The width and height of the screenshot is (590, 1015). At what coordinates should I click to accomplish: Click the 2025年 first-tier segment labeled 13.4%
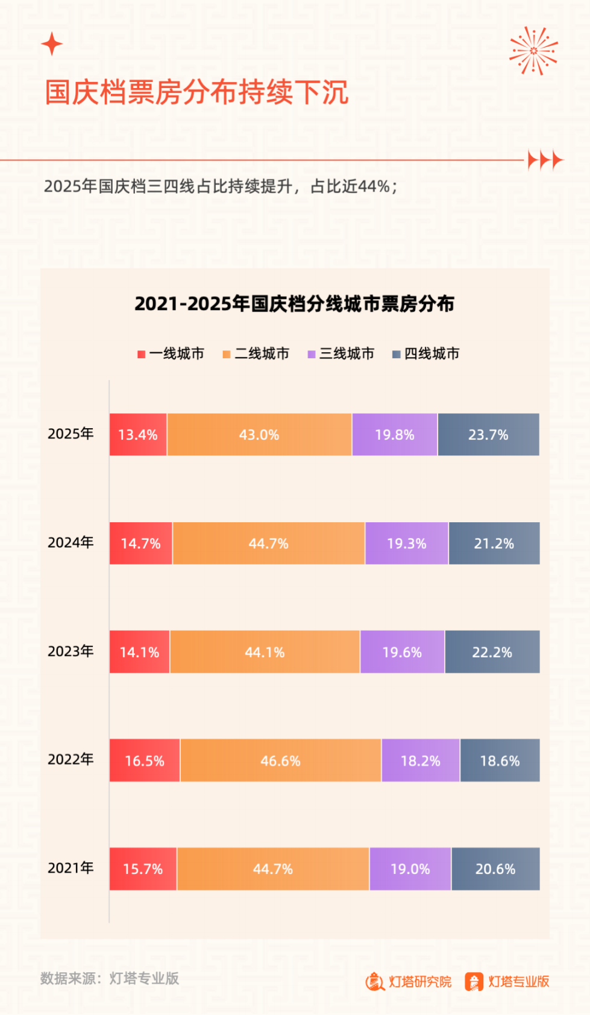click(138, 435)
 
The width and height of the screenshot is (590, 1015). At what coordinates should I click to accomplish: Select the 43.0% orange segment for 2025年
click(259, 435)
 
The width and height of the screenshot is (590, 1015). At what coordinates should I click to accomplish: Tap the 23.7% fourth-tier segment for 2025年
click(488, 435)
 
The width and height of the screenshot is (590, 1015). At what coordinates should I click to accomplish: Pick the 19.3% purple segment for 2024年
click(407, 543)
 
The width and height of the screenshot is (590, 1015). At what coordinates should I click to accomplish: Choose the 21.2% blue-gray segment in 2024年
click(494, 543)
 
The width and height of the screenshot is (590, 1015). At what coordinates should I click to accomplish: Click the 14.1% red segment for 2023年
click(140, 652)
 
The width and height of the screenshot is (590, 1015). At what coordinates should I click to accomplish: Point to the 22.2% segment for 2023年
click(492, 652)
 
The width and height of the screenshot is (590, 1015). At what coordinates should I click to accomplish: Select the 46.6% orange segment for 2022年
click(281, 760)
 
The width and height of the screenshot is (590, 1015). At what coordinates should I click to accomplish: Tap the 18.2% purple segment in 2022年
click(421, 760)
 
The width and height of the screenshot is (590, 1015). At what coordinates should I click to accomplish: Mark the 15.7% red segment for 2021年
click(143, 869)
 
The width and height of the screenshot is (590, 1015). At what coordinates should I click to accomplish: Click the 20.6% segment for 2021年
click(495, 869)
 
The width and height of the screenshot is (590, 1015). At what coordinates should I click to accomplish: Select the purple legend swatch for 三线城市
click(312, 355)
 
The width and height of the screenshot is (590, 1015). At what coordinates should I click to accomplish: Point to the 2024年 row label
click(71, 543)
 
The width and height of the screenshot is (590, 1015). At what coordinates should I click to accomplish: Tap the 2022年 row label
click(71, 759)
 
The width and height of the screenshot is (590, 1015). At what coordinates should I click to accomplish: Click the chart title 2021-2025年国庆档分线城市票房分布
click(294, 304)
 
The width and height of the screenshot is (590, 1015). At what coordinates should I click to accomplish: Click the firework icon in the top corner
click(533, 51)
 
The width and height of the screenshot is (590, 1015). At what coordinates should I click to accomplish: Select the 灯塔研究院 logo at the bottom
click(409, 982)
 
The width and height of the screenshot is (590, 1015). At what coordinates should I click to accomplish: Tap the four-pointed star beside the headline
click(52, 44)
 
